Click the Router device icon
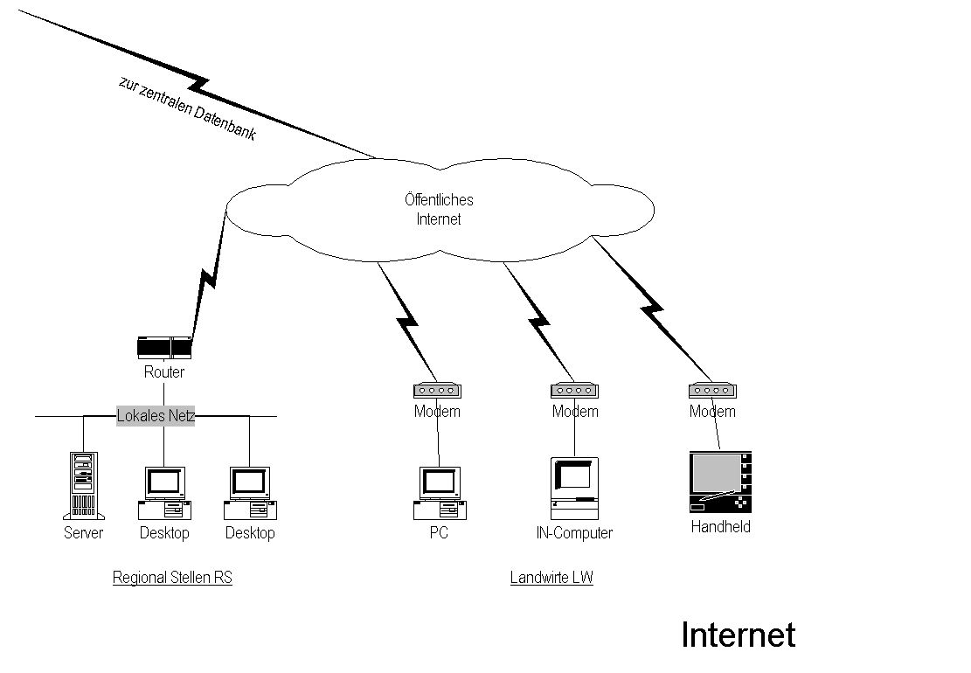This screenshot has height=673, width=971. coord(164,348)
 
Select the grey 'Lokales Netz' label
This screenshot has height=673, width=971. coord(156,416)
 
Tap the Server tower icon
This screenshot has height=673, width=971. coord(83,485)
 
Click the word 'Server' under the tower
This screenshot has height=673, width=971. coord(83,532)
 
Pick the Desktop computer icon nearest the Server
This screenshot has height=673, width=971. coord(164,492)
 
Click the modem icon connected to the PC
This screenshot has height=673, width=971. coord(437,391)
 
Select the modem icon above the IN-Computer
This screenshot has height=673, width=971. coord(574,391)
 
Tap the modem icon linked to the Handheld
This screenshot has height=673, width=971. coord(712,391)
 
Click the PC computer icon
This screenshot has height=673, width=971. coord(439,492)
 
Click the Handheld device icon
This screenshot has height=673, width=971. coord(719,482)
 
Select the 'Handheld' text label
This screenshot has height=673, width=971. coord(720,526)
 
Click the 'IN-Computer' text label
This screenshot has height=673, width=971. coord(574,532)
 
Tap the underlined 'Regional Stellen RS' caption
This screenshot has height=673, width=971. coord(172,578)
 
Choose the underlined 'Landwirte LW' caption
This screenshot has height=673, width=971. coord(551,578)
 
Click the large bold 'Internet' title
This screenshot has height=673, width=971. coord(738,635)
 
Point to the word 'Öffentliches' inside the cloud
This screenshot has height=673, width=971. coord(439,200)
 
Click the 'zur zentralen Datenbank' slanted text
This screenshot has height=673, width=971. coord(187,109)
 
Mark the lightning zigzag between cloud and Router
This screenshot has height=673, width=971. coord(207,280)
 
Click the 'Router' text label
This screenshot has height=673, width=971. coord(164,372)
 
